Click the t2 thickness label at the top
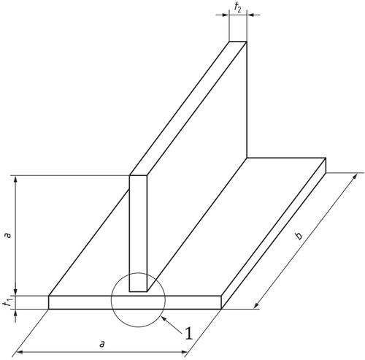(238, 7)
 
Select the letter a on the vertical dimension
(8, 235)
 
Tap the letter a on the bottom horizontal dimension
(102, 344)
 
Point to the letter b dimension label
(299, 236)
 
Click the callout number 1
(189, 334)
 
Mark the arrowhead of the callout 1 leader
(164, 318)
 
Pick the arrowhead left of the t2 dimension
(226, 15)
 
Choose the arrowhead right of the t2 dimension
(250, 15)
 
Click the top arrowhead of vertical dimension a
(15, 179)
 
